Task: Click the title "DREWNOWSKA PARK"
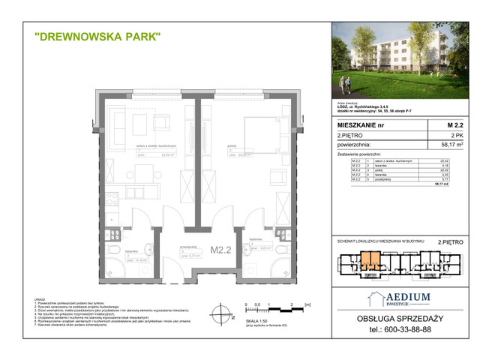click(x=97, y=37)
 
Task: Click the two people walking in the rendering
click(x=346, y=78)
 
